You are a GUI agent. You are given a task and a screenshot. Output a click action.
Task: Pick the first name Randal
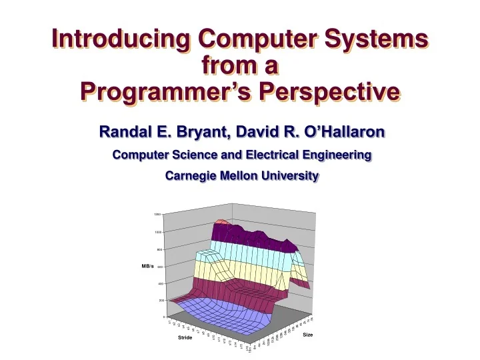[124, 132]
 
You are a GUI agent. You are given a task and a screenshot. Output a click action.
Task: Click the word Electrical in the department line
[274, 155]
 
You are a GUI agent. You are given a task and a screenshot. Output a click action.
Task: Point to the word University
[293, 177]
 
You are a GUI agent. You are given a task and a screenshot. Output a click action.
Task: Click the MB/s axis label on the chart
[148, 266]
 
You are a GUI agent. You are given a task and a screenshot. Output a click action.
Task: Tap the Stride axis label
[185, 338]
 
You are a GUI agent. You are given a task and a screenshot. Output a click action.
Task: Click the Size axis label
[307, 335]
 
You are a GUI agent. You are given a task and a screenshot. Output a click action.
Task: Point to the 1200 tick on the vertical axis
[157, 215]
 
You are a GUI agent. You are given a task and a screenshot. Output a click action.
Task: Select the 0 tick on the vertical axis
[159, 317]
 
